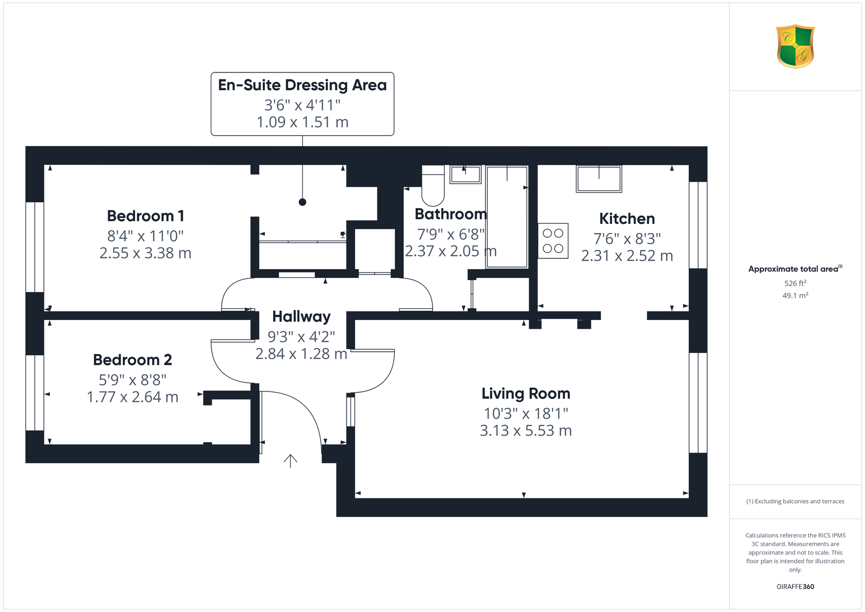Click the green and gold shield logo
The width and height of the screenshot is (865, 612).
point(795,46)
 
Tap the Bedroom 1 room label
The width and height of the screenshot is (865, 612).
point(145,216)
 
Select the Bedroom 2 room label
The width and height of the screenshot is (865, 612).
point(132,360)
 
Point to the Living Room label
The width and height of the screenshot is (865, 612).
point(525,394)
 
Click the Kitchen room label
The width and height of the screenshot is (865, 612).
point(627,218)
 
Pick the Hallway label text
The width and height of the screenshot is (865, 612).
point(301,317)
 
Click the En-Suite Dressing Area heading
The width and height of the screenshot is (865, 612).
point(302,85)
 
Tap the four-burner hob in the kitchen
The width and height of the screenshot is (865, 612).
point(553,241)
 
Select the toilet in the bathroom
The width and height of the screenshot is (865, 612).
point(433,186)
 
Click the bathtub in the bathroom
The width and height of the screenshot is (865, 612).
point(507,217)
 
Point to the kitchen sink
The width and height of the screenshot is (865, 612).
point(598,179)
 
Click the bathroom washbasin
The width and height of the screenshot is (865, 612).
point(465,175)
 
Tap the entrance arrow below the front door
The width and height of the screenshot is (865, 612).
point(290,461)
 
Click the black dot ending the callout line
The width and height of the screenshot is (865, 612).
point(302,202)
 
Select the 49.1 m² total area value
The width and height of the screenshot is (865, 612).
point(795,295)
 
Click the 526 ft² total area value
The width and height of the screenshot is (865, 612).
point(795,283)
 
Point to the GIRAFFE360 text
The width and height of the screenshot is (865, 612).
point(795,587)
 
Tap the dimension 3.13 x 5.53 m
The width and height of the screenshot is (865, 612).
point(525,430)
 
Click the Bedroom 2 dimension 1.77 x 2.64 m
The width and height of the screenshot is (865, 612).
point(132,397)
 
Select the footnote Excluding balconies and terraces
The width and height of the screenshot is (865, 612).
point(795,501)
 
